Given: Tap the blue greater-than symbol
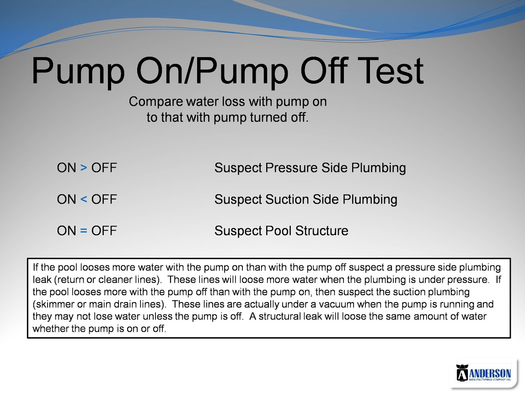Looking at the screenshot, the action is click(84, 167).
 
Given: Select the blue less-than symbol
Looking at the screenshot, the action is click(84, 199).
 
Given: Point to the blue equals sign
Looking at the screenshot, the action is click(84, 231).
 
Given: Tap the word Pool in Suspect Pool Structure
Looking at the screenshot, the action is click(278, 231).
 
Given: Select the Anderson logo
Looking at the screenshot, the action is click(484, 373).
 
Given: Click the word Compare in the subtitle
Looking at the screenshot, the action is click(155, 102).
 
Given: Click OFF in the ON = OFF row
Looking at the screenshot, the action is click(104, 231).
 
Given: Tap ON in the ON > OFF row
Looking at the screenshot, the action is click(67, 167).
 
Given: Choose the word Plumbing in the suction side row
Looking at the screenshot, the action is click(370, 199).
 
